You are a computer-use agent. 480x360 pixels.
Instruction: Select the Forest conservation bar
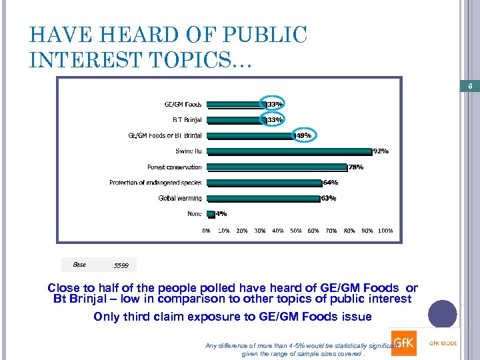click(x=276, y=167)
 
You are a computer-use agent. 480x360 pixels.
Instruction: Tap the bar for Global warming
click(x=263, y=198)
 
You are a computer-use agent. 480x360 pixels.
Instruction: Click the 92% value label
click(x=381, y=151)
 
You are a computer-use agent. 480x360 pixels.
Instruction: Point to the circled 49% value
click(x=303, y=135)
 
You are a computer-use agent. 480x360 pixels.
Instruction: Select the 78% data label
click(x=355, y=167)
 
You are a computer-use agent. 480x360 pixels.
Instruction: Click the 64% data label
click(x=330, y=183)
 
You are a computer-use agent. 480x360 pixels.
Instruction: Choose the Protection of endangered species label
click(x=155, y=183)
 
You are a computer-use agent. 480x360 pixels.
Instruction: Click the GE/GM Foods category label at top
click(x=183, y=104)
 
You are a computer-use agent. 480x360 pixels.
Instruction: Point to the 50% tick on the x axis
click(x=296, y=231)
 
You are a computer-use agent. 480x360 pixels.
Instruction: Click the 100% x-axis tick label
click(x=385, y=231)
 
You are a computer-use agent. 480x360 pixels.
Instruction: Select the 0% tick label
click(x=207, y=231)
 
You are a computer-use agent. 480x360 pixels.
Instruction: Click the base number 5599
click(x=121, y=266)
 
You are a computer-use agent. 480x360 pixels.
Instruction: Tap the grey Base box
click(x=79, y=265)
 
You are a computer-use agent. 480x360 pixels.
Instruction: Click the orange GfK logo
click(x=403, y=342)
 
